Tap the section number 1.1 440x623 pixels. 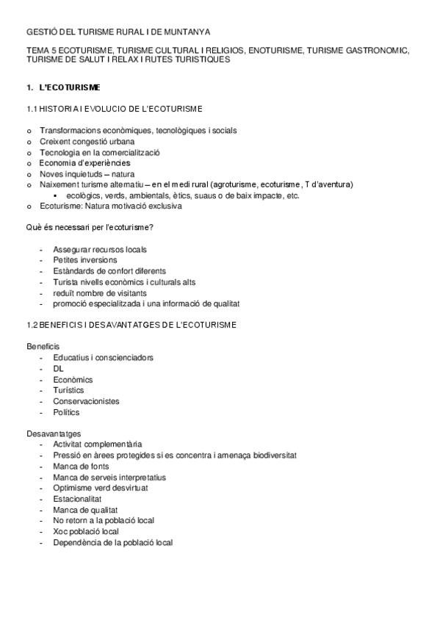tap(32, 109)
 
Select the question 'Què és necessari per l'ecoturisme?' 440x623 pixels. tap(95, 228)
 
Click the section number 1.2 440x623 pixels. tap(32, 325)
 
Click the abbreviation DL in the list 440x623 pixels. tap(58, 369)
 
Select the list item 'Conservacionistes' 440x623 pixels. tap(86, 401)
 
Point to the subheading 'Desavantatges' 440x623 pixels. tap(54, 433)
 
